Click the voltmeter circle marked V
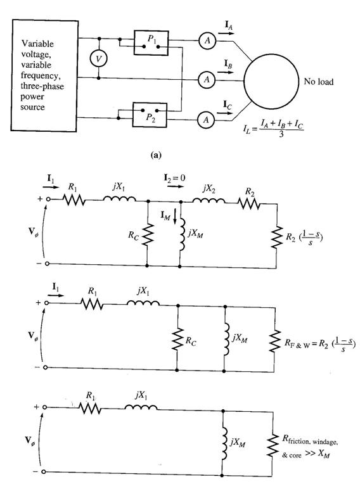click(x=98, y=58)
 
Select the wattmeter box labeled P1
click(x=151, y=42)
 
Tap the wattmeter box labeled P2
click(x=150, y=115)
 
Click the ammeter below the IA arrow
click(x=207, y=41)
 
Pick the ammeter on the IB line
click(x=207, y=80)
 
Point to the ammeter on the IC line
click(x=205, y=120)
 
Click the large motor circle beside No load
click(x=271, y=82)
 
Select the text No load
click(x=318, y=82)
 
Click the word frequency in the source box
click(x=41, y=76)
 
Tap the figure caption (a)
click(x=156, y=155)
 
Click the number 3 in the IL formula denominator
click(x=281, y=134)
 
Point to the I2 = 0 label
click(x=174, y=178)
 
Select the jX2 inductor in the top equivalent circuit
click(x=209, y=200)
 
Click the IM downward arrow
click(x=175, y=217)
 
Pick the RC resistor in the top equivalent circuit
click(x=148, y=234)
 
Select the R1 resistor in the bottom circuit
click(x=89, y=408)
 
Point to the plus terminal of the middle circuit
click(x=47, y=302)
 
